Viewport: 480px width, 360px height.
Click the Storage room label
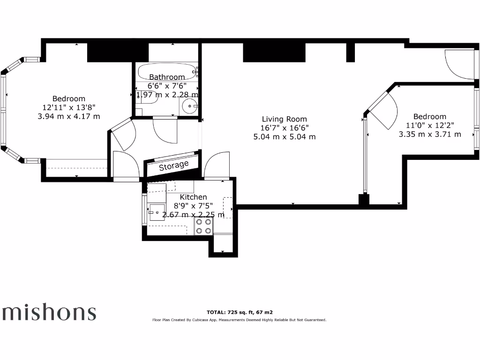173,166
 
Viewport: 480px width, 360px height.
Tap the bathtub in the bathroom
167,72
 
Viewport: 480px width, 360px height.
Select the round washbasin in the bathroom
190,106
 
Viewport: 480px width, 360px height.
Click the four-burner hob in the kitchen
203,227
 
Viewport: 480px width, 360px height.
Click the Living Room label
285,119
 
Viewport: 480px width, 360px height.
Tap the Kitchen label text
193,197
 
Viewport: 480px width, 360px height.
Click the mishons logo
49,312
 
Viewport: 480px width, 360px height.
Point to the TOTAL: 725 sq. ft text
240,312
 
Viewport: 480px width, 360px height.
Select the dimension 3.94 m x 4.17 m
69,116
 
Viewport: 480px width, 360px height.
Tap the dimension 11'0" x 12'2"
430,125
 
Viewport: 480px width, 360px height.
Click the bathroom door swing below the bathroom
165,130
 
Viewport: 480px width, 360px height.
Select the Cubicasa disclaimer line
239,320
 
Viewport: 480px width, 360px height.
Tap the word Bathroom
167,77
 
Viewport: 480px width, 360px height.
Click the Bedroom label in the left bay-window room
69,98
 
